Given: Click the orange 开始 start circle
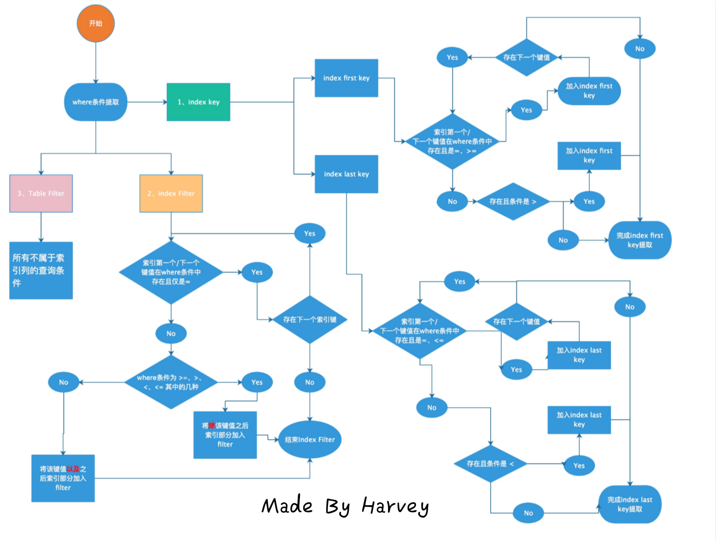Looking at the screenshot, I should coord(96,24).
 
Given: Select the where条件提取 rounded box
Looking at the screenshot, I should coord(96,102).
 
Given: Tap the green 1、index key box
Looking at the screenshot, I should coord(198,102).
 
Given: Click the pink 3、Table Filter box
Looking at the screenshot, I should coord(41,193).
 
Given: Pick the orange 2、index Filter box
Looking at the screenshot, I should coord(171,193).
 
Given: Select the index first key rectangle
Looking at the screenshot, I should coord(346,78).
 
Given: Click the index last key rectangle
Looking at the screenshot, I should coord(346,174).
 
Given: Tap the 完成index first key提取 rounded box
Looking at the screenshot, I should coord(639,240).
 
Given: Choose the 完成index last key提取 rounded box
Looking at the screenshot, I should coord(630,504).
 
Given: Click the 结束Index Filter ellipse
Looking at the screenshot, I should coord(310,439).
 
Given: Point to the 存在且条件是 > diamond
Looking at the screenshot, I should coord(513,202).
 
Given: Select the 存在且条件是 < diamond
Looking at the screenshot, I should coord(490,464).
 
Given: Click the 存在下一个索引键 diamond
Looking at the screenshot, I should coord(310,320).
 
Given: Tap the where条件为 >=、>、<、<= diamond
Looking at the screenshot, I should coord(171,382).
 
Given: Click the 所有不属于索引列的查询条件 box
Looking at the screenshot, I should coord(41,270).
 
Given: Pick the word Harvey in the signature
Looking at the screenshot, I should coord(395,506).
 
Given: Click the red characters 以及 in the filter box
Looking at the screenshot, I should coord(73,469).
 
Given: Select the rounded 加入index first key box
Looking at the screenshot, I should coord(589,91).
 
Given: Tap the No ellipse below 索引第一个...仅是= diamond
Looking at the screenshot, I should coord(171,334).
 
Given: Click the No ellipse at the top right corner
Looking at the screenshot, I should coord(640,49).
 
